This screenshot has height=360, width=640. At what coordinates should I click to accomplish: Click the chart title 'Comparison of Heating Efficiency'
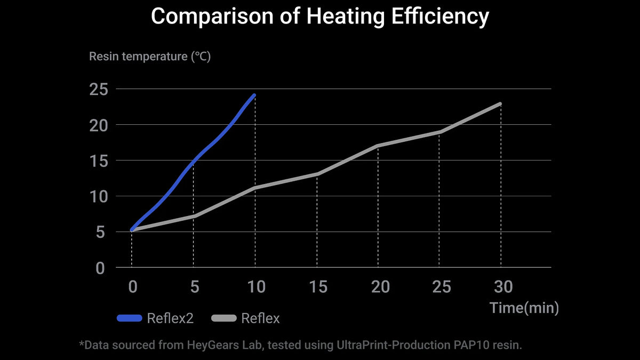point(320,17)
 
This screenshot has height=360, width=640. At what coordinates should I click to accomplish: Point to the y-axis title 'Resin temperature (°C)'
point(150,57)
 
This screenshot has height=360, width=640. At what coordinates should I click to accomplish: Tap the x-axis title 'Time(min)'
point(524,308)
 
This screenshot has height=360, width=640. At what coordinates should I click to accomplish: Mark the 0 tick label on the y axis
point(100,268)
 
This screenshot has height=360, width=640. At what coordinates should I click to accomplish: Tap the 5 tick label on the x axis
point(194,287)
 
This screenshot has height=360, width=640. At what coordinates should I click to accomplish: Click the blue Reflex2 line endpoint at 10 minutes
point(254,95)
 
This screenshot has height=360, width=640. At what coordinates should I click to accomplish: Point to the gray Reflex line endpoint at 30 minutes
point(500,103)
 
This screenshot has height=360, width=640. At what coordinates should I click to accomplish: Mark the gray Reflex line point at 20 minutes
point(378,146)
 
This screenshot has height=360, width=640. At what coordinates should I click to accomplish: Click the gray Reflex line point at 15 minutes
point(317,174)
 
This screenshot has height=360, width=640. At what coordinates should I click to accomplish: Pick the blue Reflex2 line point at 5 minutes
point(194,160)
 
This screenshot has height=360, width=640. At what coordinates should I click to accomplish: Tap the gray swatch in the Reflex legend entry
point(224,319)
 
